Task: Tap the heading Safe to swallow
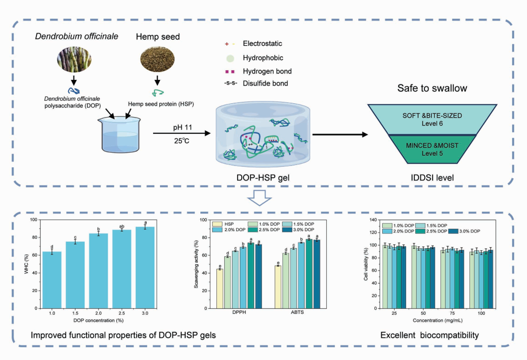coord(432,89)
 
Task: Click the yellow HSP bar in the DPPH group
coord(220,288)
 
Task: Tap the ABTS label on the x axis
coord(297,313)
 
